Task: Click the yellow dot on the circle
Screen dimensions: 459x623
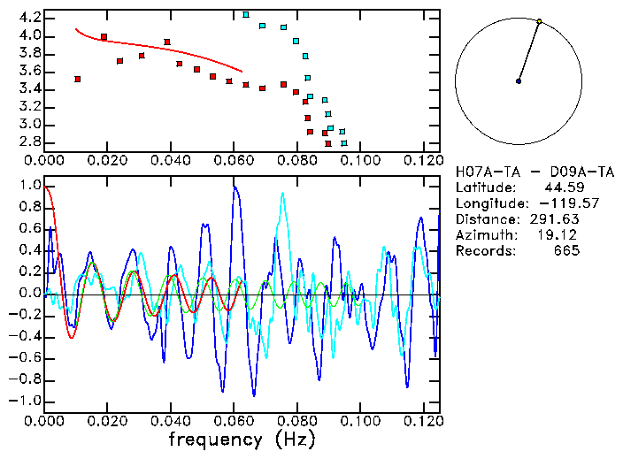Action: click(x=539, y=21)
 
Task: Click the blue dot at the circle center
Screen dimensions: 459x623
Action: click(x=519, y=81)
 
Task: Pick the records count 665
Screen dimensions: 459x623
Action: click(x=566, y=251)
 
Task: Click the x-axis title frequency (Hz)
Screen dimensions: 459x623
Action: click(x=242, y=440)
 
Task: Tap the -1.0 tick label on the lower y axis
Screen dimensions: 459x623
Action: click(x=26, y=401)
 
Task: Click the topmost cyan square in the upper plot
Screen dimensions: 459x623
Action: click(x=246, y=14)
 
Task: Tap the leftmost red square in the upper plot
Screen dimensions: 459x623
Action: click(x=78, y=80)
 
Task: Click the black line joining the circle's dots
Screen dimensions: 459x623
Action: click(x=529, y=51)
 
